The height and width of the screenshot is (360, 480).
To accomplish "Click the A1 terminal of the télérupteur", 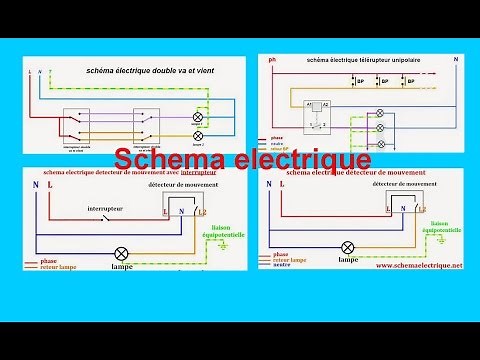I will tap(311, 103).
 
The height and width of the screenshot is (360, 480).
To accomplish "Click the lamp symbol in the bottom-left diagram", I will tap(123, 252).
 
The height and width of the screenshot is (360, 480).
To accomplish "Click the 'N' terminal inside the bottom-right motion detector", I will tap(404, 209).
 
